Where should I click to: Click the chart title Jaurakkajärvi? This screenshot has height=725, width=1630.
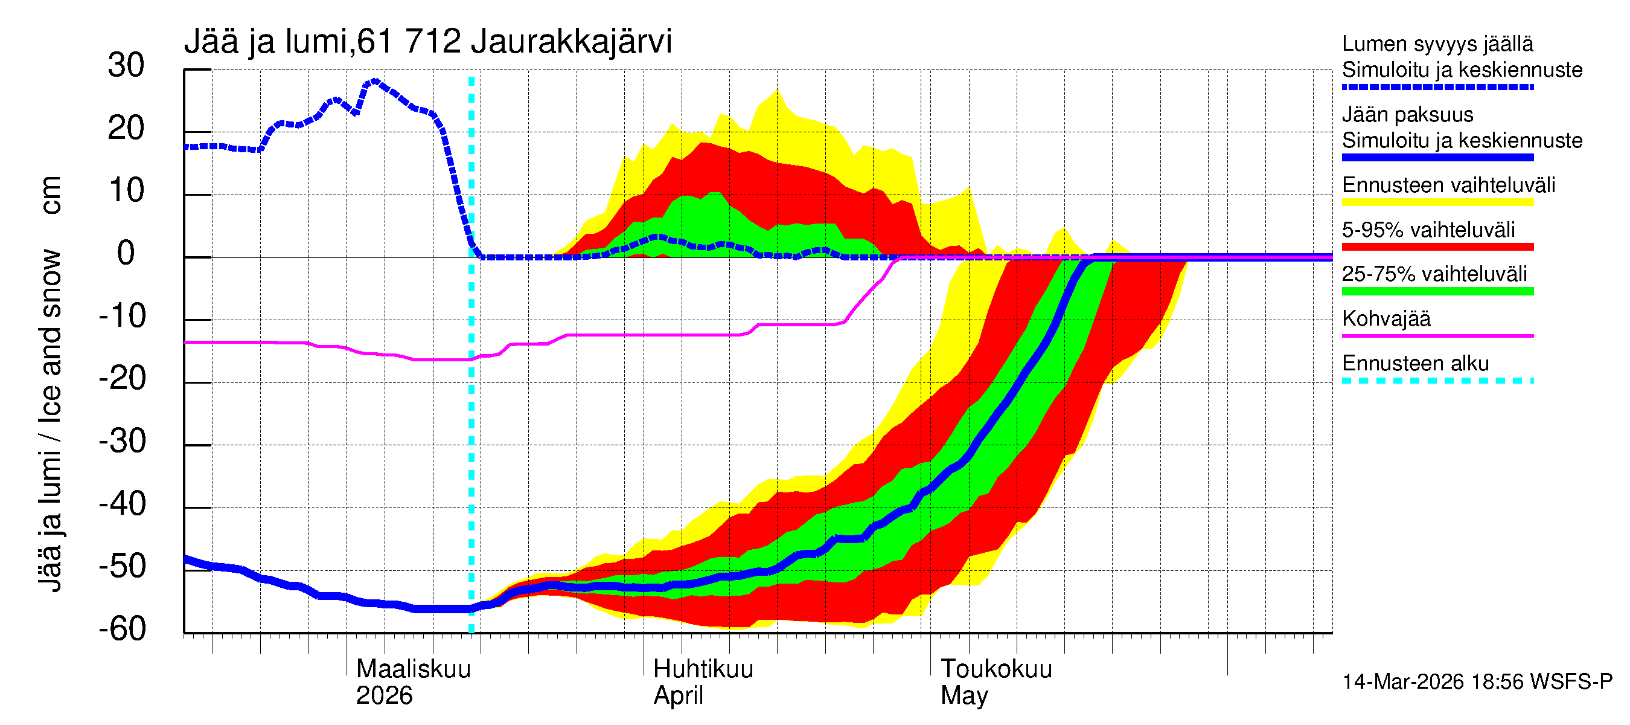point(570,42)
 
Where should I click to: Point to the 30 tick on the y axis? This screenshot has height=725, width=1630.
point(126,65)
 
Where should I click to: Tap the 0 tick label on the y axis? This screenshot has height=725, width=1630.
point(126,253)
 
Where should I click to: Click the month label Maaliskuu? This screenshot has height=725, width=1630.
point(413,669)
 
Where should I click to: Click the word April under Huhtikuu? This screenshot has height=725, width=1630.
point(678,695)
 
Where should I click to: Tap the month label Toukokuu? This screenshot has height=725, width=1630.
point(996,669)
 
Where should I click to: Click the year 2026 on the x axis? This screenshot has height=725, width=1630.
point(383,695)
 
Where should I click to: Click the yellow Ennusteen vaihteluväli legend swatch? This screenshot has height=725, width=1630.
point(1437,202)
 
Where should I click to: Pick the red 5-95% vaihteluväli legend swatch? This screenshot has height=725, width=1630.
point(1437,247)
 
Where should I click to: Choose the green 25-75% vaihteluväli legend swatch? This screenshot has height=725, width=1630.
point(1437,291)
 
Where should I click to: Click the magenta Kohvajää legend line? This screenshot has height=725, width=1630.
point(1437,335)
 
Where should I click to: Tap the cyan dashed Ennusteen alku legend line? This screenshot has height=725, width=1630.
point(1437,381)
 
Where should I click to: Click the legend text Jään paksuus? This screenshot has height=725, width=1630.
point(1407,115)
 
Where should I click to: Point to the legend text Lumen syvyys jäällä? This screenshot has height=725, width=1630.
point(1437,43)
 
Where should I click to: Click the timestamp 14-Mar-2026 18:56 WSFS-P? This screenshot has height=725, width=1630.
point(1477,681)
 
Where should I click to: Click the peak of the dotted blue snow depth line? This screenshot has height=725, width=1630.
point(374,81)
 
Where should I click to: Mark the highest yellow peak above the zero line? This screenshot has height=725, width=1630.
point(777,90)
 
